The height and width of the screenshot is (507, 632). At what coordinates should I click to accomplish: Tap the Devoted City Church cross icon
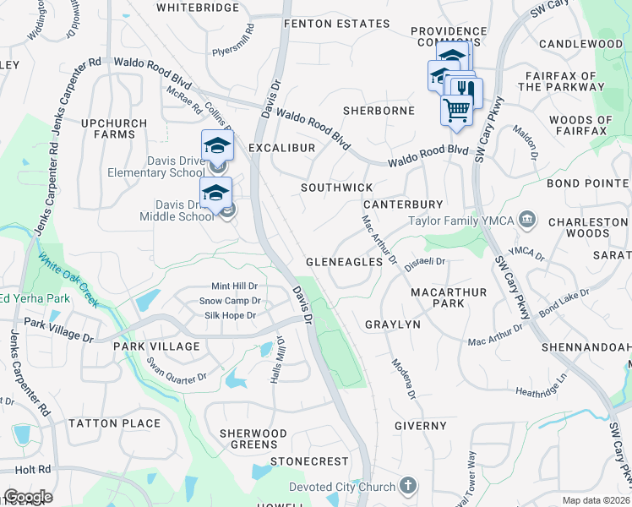coord(408,486)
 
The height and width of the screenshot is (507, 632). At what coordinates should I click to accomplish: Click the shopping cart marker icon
coord(456,108)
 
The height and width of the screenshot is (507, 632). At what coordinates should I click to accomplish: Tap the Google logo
coord(28,497)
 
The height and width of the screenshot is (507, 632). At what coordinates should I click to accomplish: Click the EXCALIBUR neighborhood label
coord(282,148)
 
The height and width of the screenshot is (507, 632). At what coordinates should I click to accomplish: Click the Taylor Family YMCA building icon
coord(528,221)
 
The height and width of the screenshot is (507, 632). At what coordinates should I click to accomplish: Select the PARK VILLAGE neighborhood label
coord(157,346)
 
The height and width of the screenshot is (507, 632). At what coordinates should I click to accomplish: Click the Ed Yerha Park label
coord(35,297)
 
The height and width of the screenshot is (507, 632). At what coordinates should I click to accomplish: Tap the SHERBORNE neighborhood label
coord(379,111)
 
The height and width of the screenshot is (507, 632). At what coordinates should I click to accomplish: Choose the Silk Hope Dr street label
coord(230,315)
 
